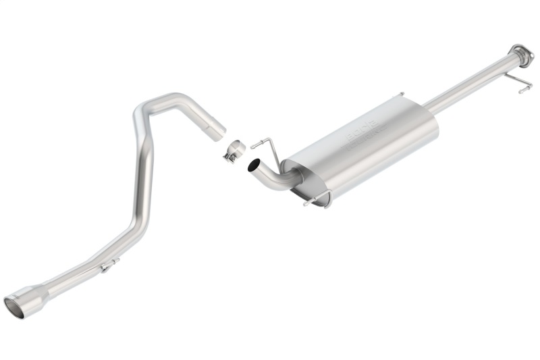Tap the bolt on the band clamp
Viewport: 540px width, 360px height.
tap(230, 158)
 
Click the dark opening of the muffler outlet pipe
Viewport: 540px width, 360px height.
tap(253, 165)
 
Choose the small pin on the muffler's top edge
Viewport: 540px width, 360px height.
tap(401, 94)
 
